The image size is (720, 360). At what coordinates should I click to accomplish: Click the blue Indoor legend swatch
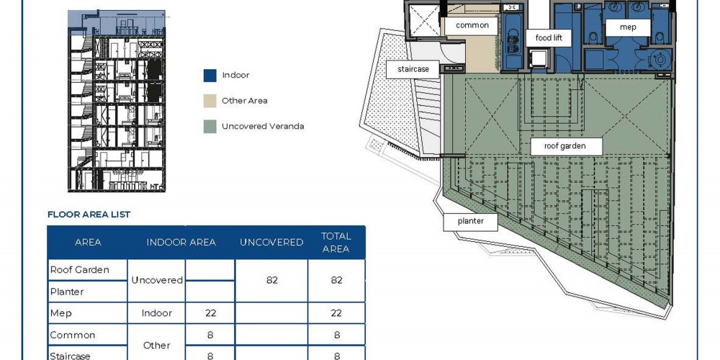point(210,76)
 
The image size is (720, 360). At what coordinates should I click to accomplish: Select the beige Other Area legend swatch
point(210,101)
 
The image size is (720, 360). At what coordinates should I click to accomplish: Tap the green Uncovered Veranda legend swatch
point(210,127)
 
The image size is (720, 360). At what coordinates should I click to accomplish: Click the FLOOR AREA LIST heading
point(89,215)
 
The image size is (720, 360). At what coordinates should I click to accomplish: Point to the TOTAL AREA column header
point(336,243)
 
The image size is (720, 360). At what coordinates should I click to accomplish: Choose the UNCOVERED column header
point(271,243)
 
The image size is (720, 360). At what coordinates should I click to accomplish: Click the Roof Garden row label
point(79,270)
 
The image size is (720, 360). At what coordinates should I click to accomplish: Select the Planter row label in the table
point(67,292)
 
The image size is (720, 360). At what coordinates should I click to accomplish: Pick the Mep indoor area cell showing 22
point(211,313)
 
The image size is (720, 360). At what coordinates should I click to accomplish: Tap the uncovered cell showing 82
point(272,280)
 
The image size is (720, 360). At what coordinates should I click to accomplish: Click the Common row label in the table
point(73,336)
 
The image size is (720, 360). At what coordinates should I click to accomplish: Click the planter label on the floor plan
point(471,221)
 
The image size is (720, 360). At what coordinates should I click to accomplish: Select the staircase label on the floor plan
point(413,69)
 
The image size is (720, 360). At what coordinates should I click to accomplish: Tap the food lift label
point(549,37)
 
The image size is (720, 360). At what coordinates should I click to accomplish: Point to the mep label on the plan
point(628,27)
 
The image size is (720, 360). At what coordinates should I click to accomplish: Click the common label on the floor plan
point(472,26)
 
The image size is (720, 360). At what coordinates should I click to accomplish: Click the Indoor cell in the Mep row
point(156,313)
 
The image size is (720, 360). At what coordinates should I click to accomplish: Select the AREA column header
point(88,243)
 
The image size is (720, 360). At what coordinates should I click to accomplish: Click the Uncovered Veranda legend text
point(263,126)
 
